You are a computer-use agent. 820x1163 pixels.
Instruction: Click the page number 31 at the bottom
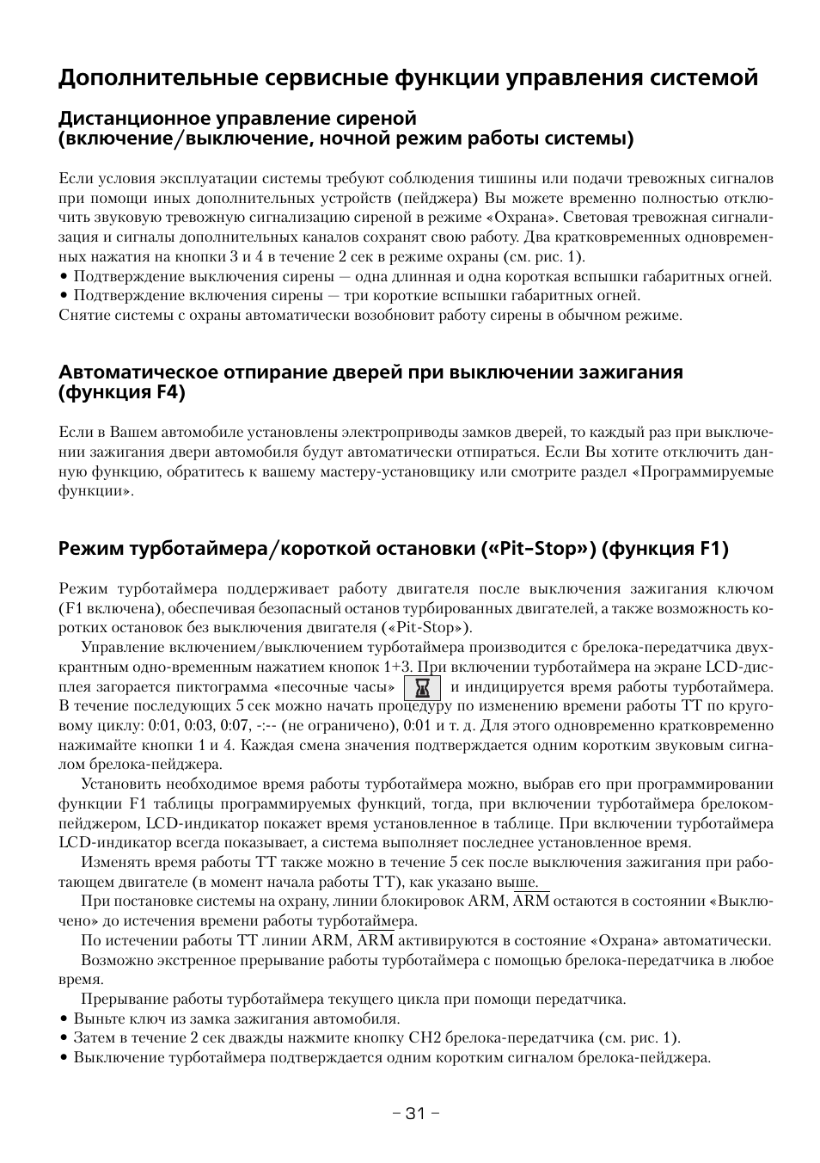(x=415, y=1113)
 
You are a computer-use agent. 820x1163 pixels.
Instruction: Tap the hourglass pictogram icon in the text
(x=421, y=687)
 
